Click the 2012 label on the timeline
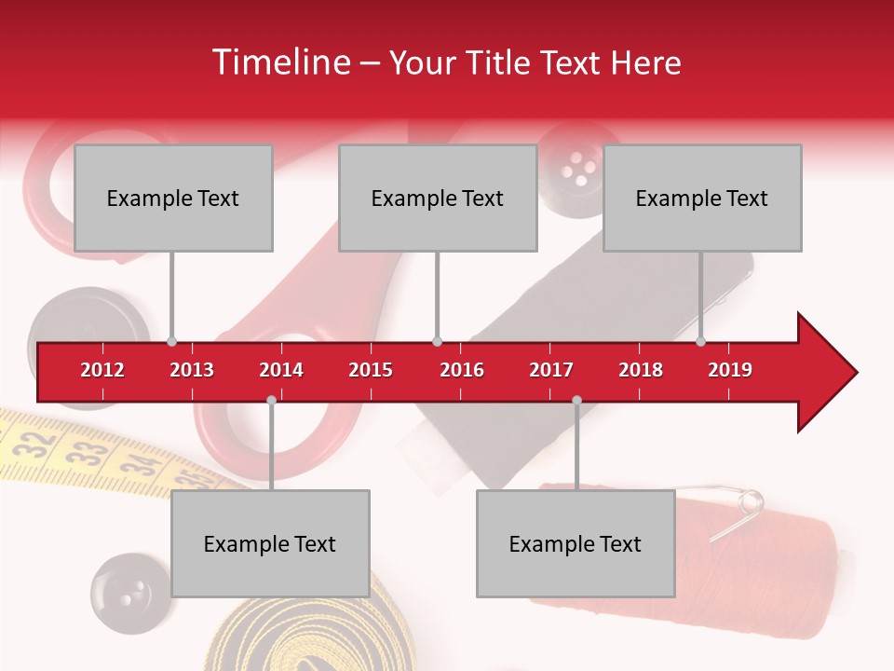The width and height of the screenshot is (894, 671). tap(102, 370)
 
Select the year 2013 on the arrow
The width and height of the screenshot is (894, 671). tap(192, 370)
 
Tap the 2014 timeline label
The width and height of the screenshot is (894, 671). tap(281, 370)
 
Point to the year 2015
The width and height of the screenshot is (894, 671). tap(371, 370)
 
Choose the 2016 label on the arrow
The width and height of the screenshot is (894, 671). tap(462, 370)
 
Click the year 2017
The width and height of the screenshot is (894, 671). tap(551, 370)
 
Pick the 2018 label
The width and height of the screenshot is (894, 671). tap(641, 370)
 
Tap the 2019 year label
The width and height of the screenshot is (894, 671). tap(730, 370)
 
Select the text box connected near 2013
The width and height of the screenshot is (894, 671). tap(173, 198)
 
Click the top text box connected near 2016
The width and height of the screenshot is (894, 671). tap(438, 198)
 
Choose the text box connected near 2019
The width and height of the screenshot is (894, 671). tap(702, 198)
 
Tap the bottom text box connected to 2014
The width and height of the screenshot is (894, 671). tap(270, 543)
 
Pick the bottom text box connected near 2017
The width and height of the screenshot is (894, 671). tap(576, 543)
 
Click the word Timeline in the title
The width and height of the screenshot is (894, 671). tap(279, 62)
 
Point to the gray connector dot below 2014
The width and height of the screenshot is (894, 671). tap(271, 400)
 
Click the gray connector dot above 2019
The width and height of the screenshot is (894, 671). tap(700, 341)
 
